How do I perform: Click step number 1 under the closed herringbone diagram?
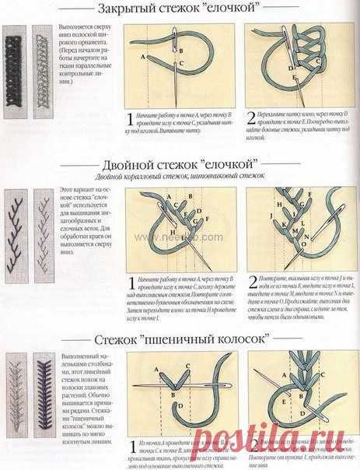tap(130, 118)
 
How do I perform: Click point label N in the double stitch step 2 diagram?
tap(313, 230)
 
